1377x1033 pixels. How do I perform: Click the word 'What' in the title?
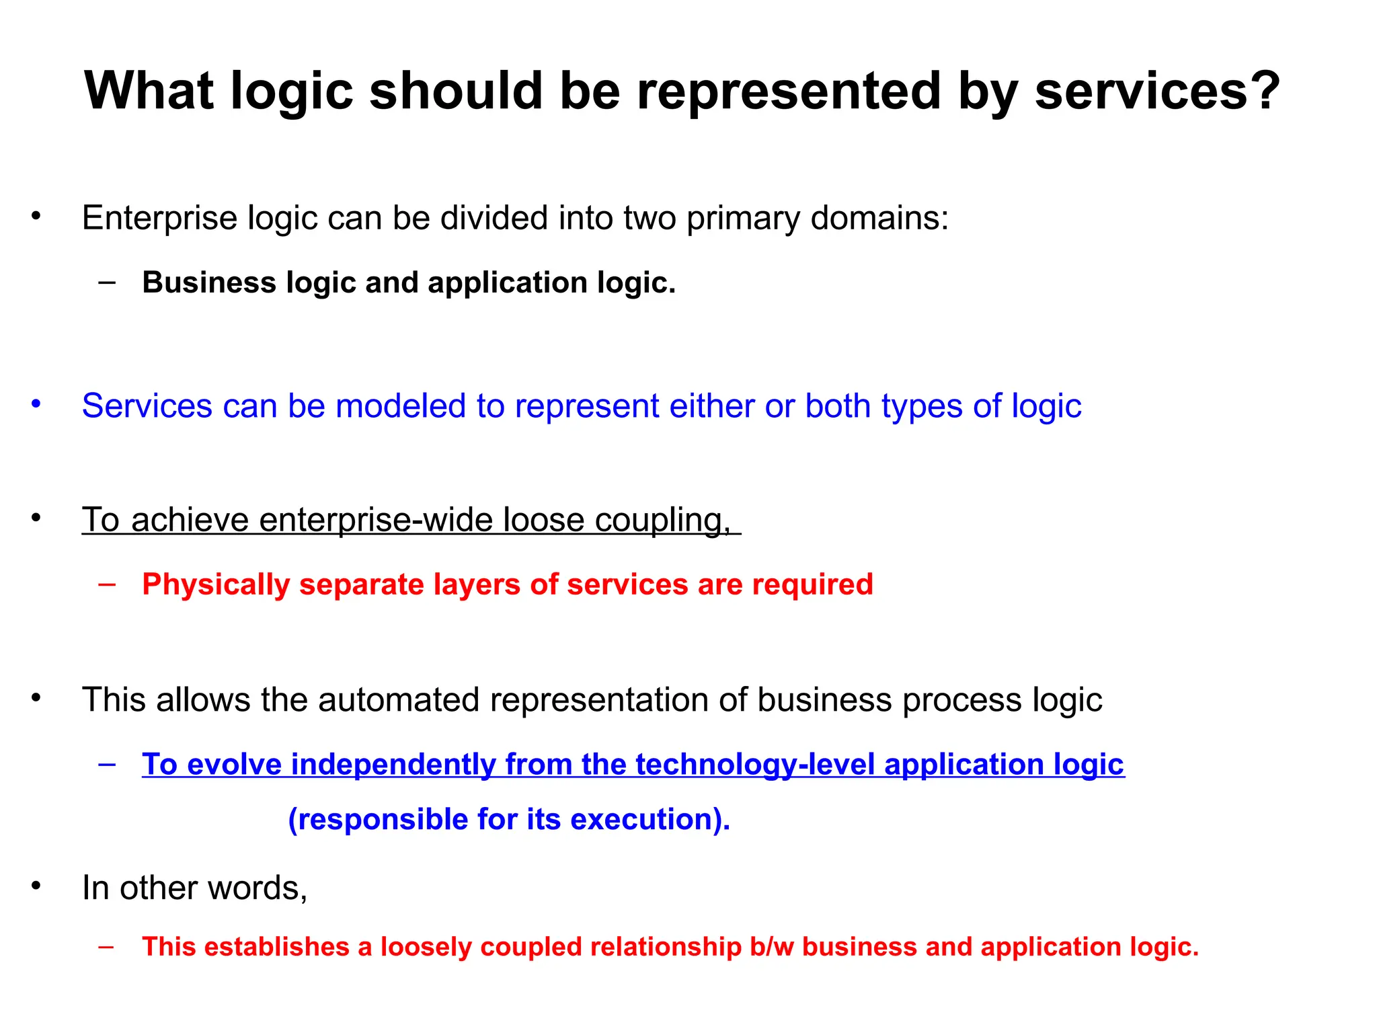pyautogui.click(x=149, y=91)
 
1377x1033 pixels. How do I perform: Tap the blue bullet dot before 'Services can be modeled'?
pyautogui.click(x=36, y=404)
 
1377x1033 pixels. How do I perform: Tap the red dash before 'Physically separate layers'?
pyautogui.click(x=106, y=583)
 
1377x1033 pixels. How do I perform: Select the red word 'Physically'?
pyautogui.click(x=215, y=584)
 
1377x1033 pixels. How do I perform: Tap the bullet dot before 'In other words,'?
pyautogui.click(x=36, y=886)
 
